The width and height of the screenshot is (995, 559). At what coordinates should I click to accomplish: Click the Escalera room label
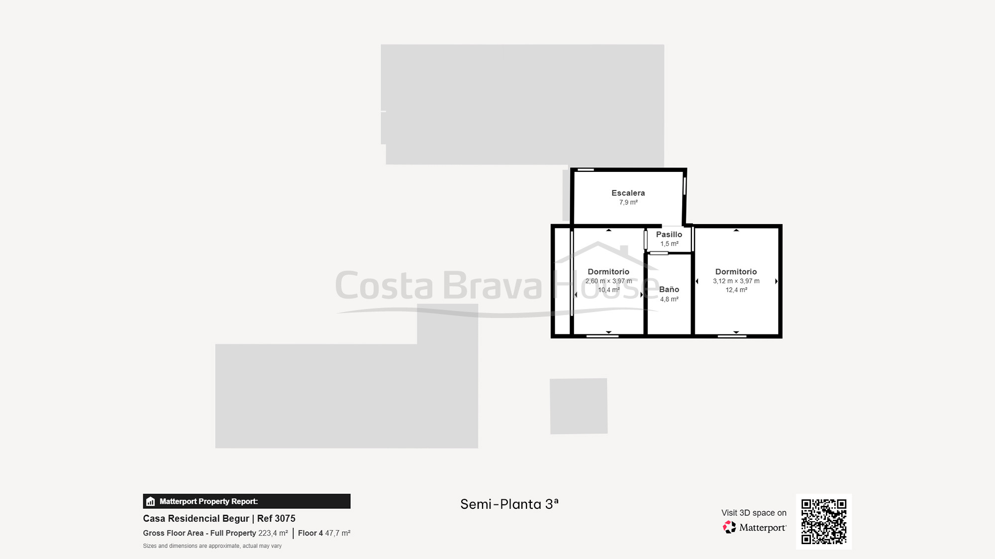click(x=628, y=193)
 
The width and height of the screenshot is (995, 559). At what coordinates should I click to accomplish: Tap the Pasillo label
click(x=669, y=235)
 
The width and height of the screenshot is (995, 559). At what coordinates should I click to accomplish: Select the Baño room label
click(x=669, y=289)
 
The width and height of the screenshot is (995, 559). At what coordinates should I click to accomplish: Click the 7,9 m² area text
click(x=628, y=202)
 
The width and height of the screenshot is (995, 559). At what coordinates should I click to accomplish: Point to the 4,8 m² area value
click(x=669, y=299)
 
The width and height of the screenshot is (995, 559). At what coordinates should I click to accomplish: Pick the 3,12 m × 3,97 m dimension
click(x=736, y=281)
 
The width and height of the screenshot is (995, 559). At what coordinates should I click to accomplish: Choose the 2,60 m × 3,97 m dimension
click(x=608, y=281)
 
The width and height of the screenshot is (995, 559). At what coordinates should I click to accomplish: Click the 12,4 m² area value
click(x=736, y=290)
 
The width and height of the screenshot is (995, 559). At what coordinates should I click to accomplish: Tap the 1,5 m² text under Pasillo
click(x=669, y=244)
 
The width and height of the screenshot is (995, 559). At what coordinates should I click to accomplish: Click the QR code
click(x=823, y=521)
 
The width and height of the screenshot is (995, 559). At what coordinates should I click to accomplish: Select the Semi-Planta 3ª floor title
click(x=509, y=504)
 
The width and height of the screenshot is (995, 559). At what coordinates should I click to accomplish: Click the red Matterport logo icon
click(x=729, y=527)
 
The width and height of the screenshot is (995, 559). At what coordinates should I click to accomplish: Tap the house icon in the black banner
click(x=151, y=501)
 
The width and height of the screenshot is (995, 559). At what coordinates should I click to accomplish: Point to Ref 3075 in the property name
click(x=276, y=518)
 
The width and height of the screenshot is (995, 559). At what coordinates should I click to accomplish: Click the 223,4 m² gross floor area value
click(x=273, y=533)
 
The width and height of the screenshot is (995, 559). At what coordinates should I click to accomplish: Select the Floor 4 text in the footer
click(x=310, y=533)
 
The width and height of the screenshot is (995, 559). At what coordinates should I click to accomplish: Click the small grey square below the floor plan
click(x=579, y=406)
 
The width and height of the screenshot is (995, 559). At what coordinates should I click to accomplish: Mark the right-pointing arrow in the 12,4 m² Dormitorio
click(x=776, y=281)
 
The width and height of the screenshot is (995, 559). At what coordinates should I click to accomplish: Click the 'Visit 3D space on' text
click(x=754, y=513)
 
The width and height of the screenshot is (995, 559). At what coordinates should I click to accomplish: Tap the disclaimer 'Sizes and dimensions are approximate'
click(x=212, y=546)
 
